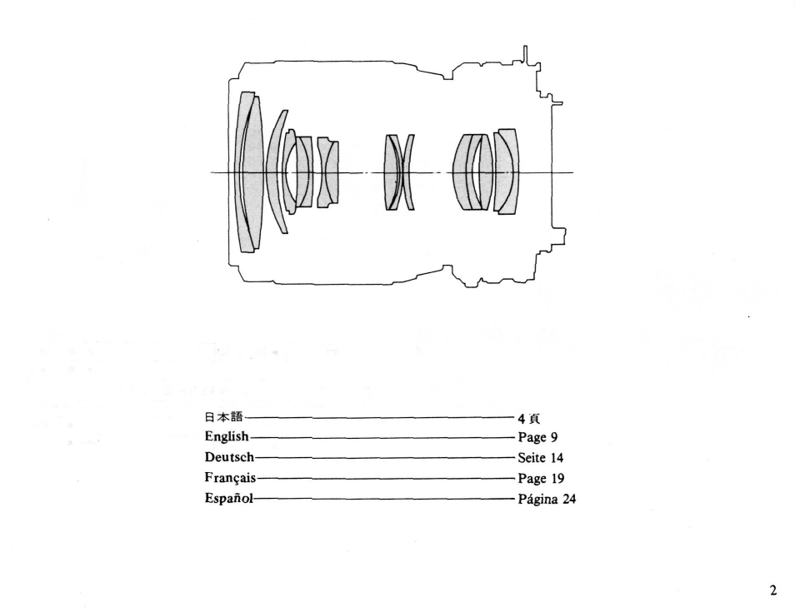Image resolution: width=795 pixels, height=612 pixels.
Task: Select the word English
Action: (x=226, y=438)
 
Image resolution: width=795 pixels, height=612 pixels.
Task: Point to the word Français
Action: (x=229, y=479)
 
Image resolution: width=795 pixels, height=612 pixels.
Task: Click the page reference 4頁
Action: (x=529, y=419)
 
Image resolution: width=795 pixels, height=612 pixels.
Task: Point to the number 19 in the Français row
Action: (x=557, y=479)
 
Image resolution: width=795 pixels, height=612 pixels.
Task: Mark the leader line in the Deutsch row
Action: (x=383, y=458)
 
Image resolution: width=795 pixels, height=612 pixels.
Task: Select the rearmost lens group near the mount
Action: (x=506, y=172)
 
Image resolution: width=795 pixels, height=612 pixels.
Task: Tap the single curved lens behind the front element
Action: (x=274, y=172)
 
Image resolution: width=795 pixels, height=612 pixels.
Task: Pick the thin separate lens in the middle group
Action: (x=409, y=172)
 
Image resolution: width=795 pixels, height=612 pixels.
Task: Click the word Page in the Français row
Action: (x=532, y=479)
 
